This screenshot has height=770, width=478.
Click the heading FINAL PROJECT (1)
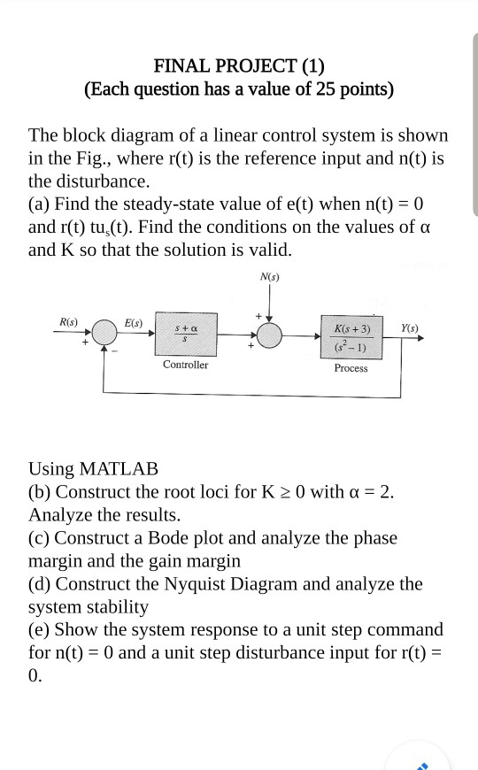coord(239,65)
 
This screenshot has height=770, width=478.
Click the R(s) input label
coord(68,320)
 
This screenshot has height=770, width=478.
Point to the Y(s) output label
coord(410,327)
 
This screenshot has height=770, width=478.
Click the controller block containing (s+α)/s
coord(185,335)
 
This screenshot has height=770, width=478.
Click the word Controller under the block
coord(185,365)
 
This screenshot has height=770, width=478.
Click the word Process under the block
coord(351,368)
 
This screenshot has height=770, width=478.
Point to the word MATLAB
coord(119,469)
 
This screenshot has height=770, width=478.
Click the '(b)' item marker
coord(41,492)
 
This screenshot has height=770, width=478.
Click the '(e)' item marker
coord(40,630)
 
